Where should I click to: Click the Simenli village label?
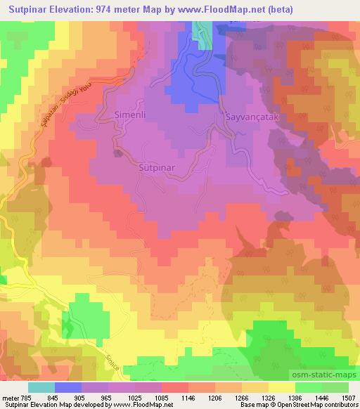[x=131, y=114]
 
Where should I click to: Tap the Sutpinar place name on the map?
[x=155, y=168]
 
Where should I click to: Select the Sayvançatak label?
[x=252, y=119]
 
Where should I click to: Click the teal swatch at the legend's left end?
[x=41, y=387]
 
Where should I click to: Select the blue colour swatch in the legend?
[x=68, y=387]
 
